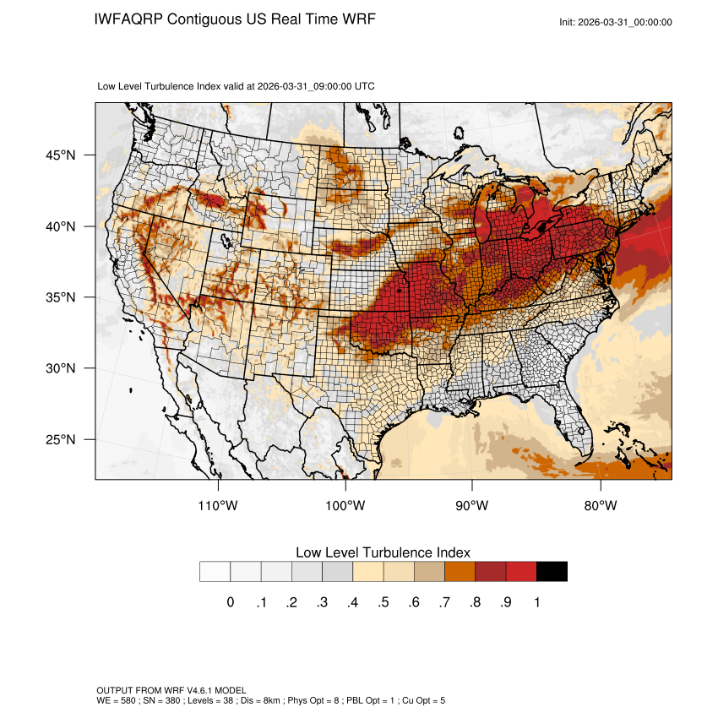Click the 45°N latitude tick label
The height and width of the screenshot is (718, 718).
click(x=61, y=155)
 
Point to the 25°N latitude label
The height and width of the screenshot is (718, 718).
click(x=61, y=440)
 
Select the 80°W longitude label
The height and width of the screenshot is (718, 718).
click(x=601, y=506)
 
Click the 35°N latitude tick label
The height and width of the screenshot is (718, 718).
click(x=61, y=298)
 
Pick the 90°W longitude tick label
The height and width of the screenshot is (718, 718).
click(x=472, y=506)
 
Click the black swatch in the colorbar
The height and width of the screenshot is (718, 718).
click(x=552, y=572)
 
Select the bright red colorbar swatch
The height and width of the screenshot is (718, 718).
click(x=521, y=572)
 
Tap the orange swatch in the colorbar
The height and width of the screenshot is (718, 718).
click(x=460, y=572)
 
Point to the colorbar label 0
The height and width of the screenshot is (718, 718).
click(x=230, y=602)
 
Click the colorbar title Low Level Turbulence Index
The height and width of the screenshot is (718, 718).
click(x=383, y=552)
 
